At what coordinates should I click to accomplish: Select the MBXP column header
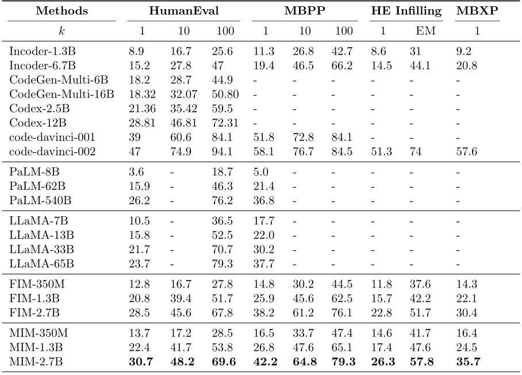coord(477,11)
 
